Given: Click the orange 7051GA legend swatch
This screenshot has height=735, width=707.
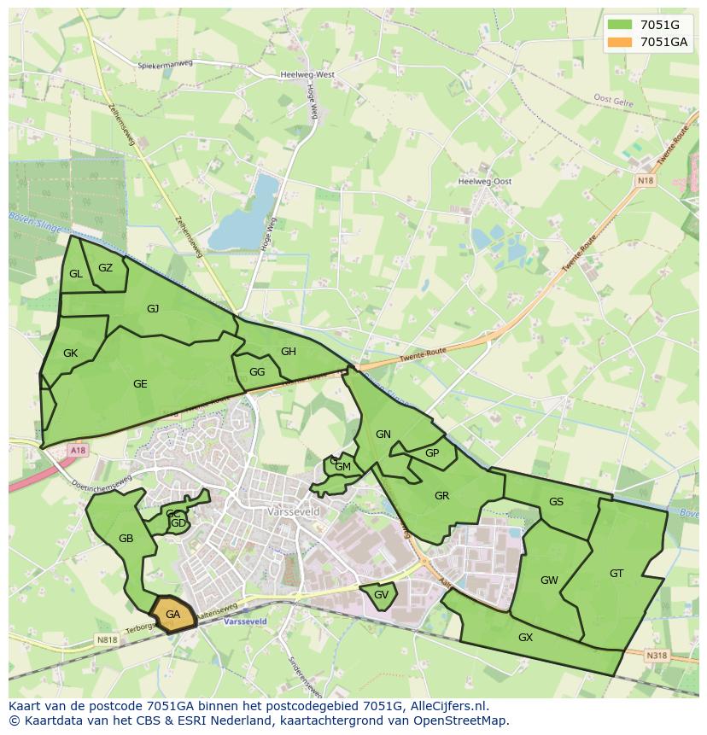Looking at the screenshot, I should (621, 42).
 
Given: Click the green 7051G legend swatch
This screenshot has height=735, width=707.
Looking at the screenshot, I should (621, 25).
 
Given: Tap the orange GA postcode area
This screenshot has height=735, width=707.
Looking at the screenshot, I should (173, 615).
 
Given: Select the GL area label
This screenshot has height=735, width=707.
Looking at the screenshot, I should (76, 274).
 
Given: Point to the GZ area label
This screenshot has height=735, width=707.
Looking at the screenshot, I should (105, 268).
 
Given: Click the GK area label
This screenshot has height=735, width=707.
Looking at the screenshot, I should (70, 353).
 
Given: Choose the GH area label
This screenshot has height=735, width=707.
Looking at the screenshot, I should (289, 352).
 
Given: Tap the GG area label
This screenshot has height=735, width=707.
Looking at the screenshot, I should (257, 372).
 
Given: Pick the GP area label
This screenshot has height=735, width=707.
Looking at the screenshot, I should (432, 453).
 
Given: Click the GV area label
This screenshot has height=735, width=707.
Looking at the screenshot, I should (382, 595).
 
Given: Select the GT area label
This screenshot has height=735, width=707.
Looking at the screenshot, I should (616, 574).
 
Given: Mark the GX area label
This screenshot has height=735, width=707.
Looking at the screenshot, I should (525, 638).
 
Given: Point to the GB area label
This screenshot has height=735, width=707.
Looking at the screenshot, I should (126, 539).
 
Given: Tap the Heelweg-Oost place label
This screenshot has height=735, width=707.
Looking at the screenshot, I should (485, 182).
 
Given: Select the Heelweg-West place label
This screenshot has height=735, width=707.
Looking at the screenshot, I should (307, 75).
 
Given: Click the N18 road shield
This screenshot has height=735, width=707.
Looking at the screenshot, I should (645, 180).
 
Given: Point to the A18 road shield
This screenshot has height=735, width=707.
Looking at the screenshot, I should (79, 450).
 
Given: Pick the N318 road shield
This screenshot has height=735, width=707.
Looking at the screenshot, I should (656, 656).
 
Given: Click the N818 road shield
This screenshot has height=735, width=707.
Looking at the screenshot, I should (107, 639).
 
